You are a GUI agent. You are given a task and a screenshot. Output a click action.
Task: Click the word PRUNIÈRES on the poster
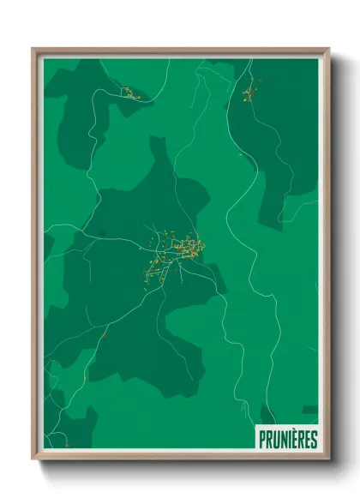(288, 440)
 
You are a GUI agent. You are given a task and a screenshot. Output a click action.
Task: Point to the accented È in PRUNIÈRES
(294, 440)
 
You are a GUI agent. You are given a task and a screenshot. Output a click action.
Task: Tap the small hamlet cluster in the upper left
(129, 92)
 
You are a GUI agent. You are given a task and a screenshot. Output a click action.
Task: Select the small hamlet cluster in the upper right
(249, 92)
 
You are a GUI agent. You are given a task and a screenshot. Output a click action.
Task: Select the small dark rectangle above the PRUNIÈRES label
(309, 410)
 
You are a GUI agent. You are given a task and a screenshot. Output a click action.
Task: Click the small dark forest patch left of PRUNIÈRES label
(267, 415)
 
